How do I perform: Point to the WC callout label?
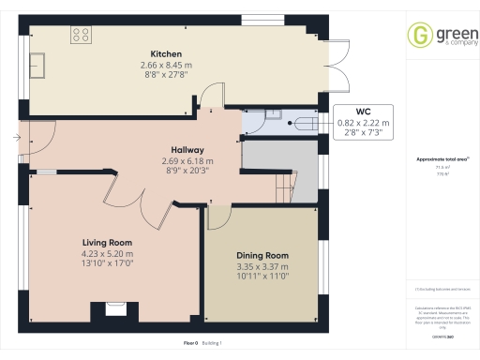pyautogui.click(x=363, y=112)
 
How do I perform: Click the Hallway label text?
pyautogui.click(x=187, y=150)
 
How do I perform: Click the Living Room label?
pyautogui.click(x=107, y=243)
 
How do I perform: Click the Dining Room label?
pyautogui.click(x=262, y=256)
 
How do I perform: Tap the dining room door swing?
pyautogui.click(x=217, y=217)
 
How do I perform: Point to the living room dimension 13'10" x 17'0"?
pyautogui.click(x=107, y=263)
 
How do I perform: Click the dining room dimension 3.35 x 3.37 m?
pyautogui.click(x=262, y=266)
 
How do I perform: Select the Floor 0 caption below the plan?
pyautogui.click(x=190, y=345)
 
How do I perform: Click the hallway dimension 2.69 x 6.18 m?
pyautogui.click(x=187, y=160)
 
